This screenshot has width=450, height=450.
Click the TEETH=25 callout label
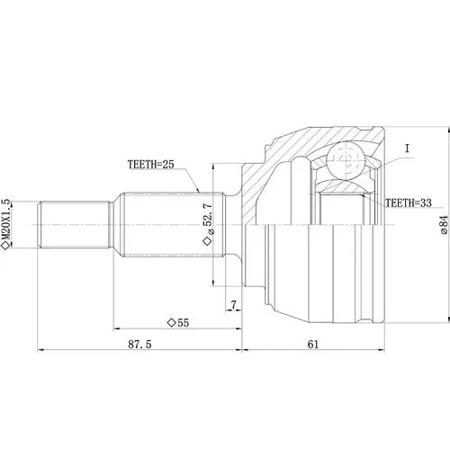click(x=151, y=165)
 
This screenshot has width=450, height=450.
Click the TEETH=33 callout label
click(x=409, y=203)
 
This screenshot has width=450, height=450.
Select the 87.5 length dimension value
click(x=139, y=344)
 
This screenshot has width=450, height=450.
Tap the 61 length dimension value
click(x=313, y=344)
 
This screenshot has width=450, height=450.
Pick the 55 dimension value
click(x=184, y=323)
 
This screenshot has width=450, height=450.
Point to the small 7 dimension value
click(x=233, y=305)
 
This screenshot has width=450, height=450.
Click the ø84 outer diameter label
click(x=445, y=225)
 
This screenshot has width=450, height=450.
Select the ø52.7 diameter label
click(x=208, y=219)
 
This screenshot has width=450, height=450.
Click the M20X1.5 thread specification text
click(x=6, y=219)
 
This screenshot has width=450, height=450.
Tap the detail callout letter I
click(x=407, y=148)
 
